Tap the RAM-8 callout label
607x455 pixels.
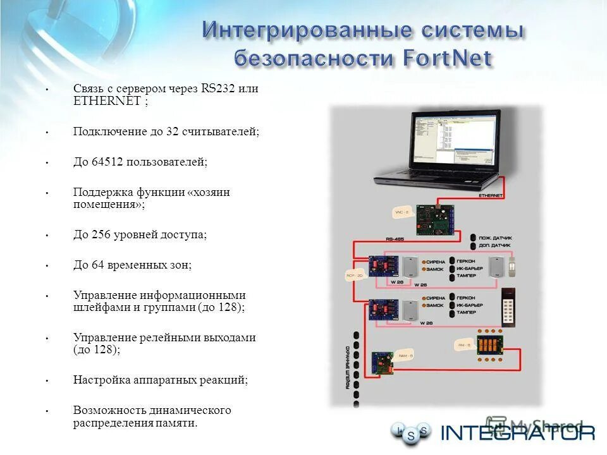point(405,356)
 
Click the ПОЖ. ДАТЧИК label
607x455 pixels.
point(496,236)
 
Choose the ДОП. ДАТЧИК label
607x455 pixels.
point(496,245)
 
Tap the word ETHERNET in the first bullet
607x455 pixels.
point(106,100)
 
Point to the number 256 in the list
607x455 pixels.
point(101,234)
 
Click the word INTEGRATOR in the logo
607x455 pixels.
point(518,433)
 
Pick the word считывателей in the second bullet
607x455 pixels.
point(220,131)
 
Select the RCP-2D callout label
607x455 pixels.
point(353,276)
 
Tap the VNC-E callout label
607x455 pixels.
point(400,213)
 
